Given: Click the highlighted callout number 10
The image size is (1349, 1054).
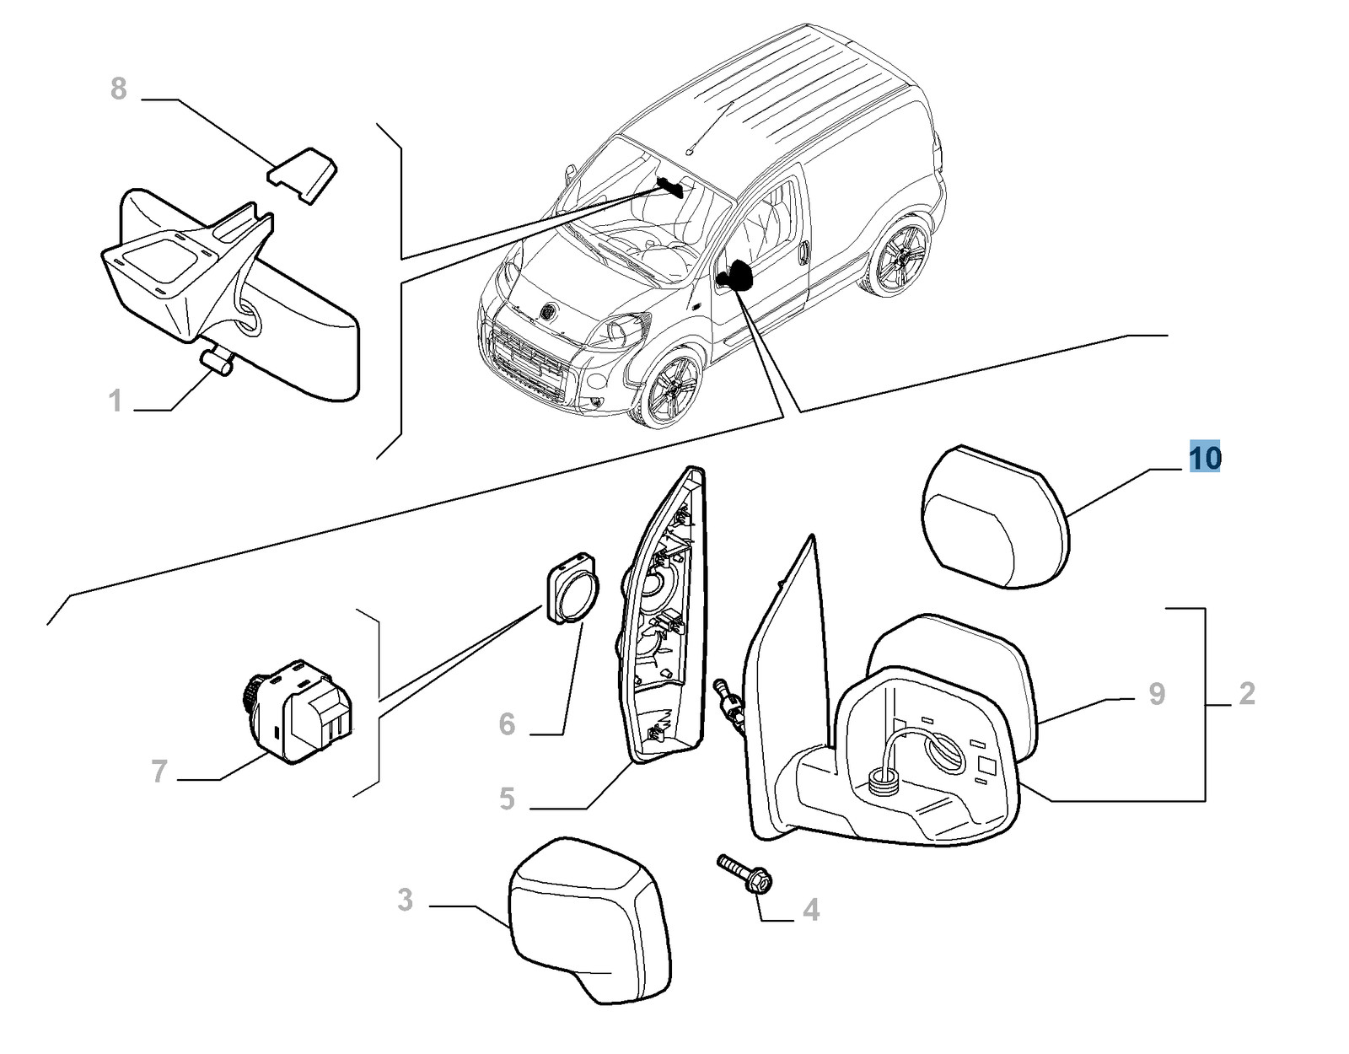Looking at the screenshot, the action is [1204, 458].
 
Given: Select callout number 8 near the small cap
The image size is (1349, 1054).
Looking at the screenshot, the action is [119, 89].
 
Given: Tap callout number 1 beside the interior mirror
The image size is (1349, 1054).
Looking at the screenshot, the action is [116, 401].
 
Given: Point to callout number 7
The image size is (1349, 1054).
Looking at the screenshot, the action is [159, 771].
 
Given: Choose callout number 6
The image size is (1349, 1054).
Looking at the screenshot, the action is [508, 723].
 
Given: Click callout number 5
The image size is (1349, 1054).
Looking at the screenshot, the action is [508, 799].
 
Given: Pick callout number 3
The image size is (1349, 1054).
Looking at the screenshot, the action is [405, 900].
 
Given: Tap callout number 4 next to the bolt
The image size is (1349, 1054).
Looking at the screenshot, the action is [811, 910].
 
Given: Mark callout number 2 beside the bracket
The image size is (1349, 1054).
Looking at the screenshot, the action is [1247, 693].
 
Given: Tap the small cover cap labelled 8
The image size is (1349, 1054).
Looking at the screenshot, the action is [303, 175].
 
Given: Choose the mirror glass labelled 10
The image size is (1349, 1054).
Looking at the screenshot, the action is [995, 516].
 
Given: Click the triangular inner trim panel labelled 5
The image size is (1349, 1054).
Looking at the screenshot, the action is [663, 615].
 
